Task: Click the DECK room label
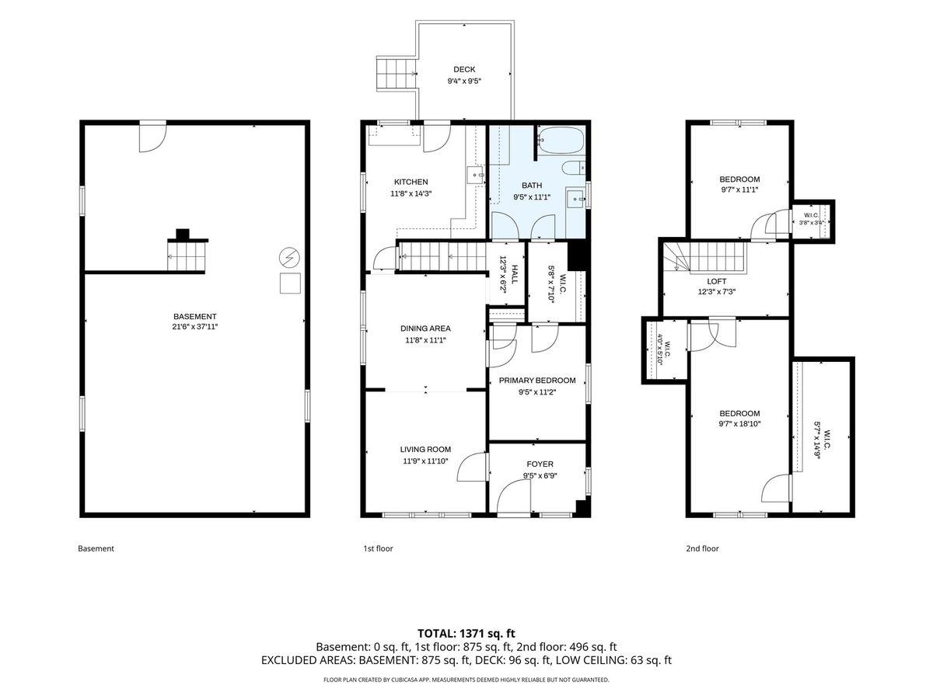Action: pyautogui.click(x=463, y=69)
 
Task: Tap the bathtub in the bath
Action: pyautogui.click(x=561, y=140)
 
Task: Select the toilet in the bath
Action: pyautogui.click(x=573, y=168)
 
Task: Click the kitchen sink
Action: pyautogui.click(x=476, y=175)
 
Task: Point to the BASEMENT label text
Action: pyautogui.click(x=194, y=316)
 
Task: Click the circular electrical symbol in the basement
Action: pyautogui.click(x=289, y=257)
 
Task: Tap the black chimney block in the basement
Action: pyautogui.click(x=183, y=234)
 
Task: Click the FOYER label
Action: pyautogui.click(x=540, y=464)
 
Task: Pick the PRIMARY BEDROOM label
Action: pyautogui.click(x=537, y=381)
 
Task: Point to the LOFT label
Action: pyautogui.click(x=717, y=281)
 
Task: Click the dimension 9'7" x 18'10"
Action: pyautogui.click(x=739, y=423)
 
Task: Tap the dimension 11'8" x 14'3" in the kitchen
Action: pyautogui.click(x=411, y=193)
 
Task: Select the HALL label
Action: pyautogui.click(x=515, y=275)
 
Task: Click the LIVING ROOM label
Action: pyautogui.click(x=425, y=449)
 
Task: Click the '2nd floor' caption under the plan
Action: pyautogui.click(x=702, y=548)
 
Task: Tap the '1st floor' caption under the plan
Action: pyautogui.click(x=378, y=548)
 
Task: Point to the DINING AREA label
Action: pyautogui.click(x=425, y=328)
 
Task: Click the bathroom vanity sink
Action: pyautogui.click(x=575, y=199)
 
